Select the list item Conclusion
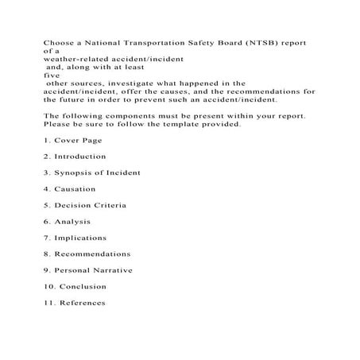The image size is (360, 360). coord(83,286)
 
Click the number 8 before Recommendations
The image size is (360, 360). coord(46,254)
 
